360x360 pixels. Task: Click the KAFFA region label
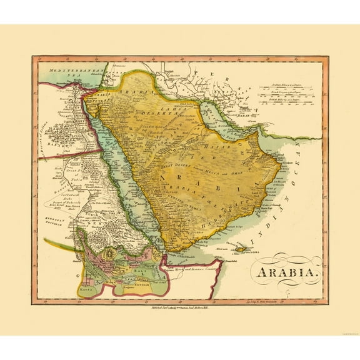(86, 291)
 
